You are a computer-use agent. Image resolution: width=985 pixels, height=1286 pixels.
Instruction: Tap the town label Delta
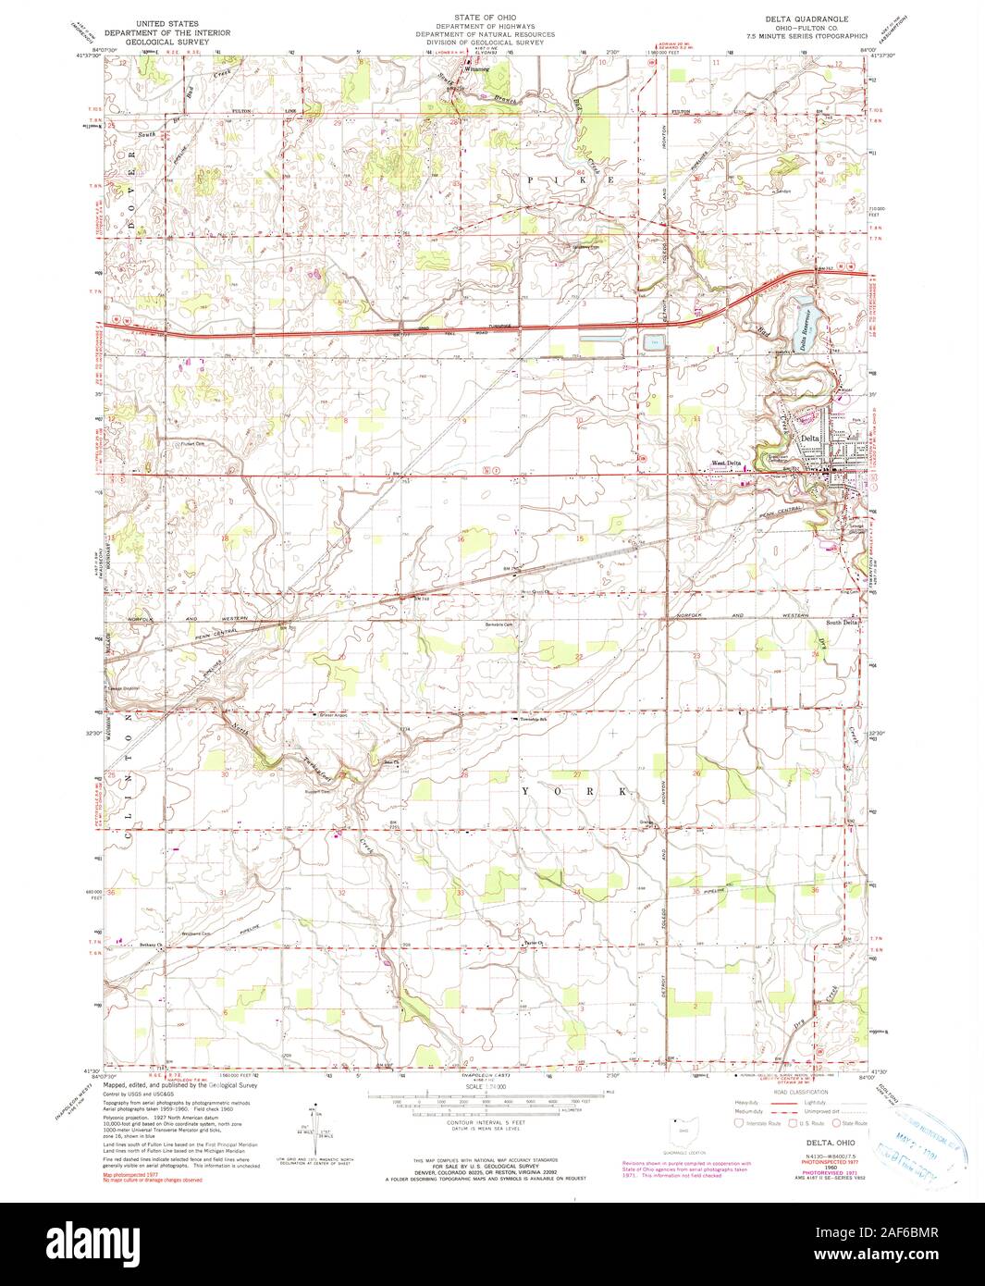(810, 438)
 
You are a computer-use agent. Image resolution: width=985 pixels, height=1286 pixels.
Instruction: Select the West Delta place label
(725, 464)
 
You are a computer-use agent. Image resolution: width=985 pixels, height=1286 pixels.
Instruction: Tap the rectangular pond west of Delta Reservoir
(654, 342)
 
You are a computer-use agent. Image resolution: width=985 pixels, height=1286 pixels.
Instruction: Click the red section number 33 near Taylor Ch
(460, 892)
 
